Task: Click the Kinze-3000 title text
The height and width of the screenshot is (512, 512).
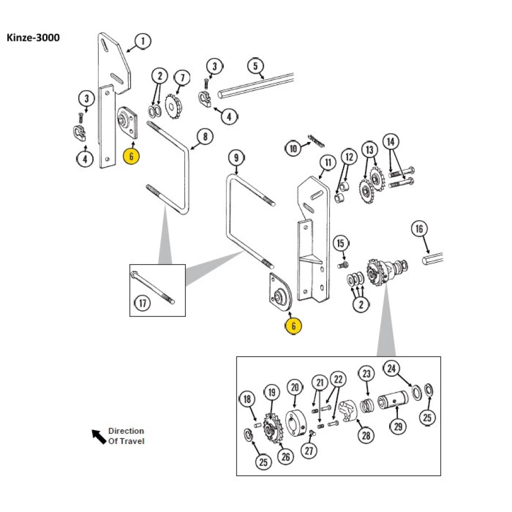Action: [33, 38]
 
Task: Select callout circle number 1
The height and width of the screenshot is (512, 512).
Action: [143, 40]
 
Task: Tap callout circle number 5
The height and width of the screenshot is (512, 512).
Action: [255, 66]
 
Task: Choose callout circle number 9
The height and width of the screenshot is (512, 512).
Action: [236, 158]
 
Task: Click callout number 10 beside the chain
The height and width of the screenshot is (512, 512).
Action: [293, 149]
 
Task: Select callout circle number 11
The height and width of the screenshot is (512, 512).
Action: [328, 163]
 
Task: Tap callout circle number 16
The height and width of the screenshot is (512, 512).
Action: [419, 229]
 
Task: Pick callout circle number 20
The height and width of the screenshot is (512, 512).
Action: [294, 388]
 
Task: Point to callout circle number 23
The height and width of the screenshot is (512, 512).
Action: [366, 374]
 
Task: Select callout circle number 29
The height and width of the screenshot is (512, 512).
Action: [397, 425]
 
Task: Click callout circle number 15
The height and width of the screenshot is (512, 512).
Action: [340, 243]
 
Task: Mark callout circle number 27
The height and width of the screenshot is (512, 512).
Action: [310, 451]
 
